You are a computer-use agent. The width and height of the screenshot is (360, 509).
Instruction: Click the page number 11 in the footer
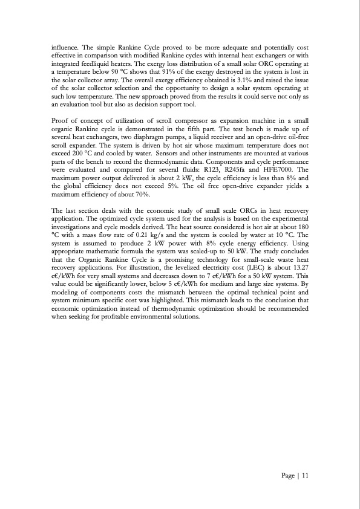(x=306, y=476)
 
